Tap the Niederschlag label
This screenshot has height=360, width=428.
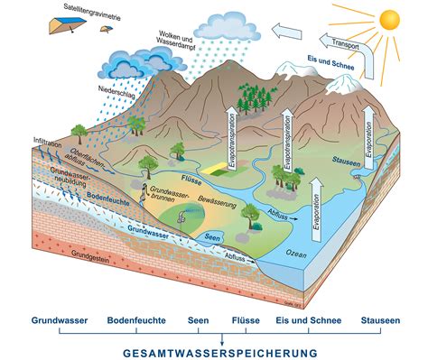tap(110, 91)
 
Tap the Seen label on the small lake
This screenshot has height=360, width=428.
tap(212, 237)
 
